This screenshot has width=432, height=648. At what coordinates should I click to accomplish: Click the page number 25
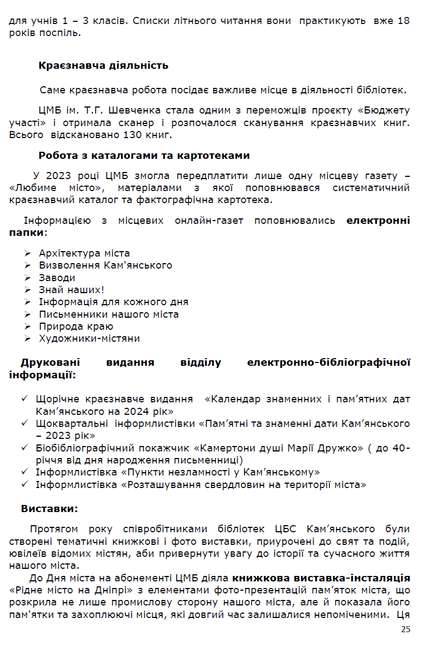(405, 629)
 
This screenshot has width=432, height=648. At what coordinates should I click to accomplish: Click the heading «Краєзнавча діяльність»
(103, 66)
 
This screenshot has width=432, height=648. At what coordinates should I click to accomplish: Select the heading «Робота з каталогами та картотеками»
(144, 156)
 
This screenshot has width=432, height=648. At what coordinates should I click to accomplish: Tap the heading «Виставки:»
(50, 508)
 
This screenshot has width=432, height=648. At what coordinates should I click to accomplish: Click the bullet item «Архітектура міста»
(85, 253)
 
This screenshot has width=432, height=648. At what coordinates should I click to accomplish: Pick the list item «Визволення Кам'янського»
(105, 265)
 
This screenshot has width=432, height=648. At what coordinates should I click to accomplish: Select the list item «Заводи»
(57, 278)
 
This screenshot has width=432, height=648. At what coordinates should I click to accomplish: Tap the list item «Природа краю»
(76, 326)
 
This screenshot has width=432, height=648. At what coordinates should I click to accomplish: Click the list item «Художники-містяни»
(89, 338)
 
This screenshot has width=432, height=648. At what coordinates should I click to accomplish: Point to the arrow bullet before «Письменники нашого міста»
(28, 314)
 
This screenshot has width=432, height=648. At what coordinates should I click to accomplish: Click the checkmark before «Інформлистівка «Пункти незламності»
(25, 472)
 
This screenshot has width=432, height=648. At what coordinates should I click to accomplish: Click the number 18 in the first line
(403, 21)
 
